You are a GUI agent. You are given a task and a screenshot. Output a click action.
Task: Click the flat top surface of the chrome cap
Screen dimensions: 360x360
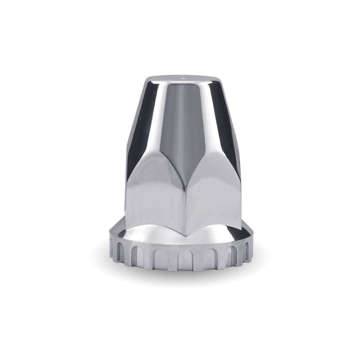point(184,80)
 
